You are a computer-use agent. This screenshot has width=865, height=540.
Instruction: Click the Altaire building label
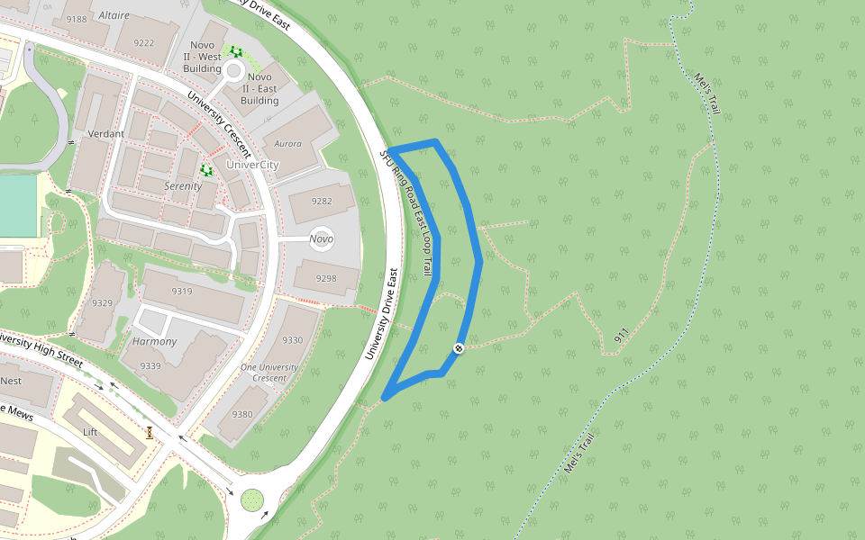[x=114, y=16]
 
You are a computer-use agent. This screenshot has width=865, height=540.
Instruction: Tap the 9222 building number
[x=143, y=42]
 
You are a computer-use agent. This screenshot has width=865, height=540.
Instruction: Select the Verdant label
[x=106, y=134]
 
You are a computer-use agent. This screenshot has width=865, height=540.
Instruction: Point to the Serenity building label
[x=183, y=186]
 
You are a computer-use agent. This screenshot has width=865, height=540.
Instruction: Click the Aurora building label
[x=287, y=143]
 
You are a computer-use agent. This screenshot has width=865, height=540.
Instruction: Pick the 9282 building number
[x=322, y=202]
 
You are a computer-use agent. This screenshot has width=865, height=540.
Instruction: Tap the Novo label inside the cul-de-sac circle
[x=321, y=238]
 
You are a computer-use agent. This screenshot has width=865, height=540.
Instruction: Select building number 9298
[x=326, y=279]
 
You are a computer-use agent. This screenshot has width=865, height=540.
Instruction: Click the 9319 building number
[x=182, y=292]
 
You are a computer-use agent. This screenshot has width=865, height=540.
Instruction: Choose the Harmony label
[x=154, y=342]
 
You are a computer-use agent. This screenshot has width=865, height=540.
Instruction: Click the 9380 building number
[x=242, y=414]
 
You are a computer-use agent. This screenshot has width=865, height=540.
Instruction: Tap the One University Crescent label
[x=269, y=373]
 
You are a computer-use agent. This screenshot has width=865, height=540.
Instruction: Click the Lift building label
[x=90, y=432]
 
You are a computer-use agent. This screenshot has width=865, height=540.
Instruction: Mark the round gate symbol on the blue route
[x=459, y=347]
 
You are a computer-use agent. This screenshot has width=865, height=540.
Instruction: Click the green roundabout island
[x=251, y=498]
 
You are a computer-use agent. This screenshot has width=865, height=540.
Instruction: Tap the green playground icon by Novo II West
[x=236, y=51]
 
